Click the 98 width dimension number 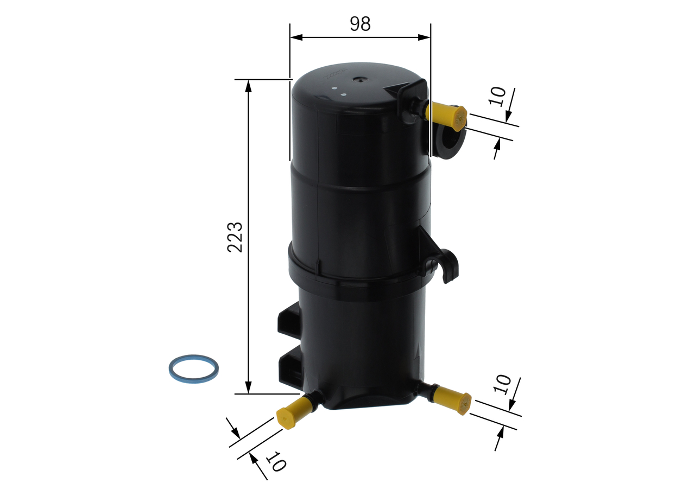360,23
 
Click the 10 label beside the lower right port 503,384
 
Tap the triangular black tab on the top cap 402,88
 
